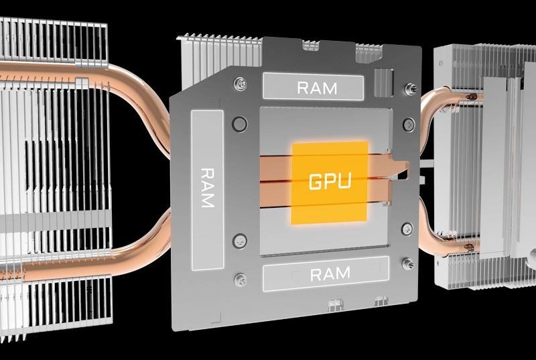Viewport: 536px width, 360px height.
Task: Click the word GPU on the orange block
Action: (x=329, y=182)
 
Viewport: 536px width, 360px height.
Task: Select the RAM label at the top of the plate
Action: (x=313, y=86)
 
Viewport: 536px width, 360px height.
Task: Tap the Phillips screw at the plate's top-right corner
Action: (x=409, y=88)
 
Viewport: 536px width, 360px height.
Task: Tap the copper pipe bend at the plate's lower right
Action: (x=429, y=221)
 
